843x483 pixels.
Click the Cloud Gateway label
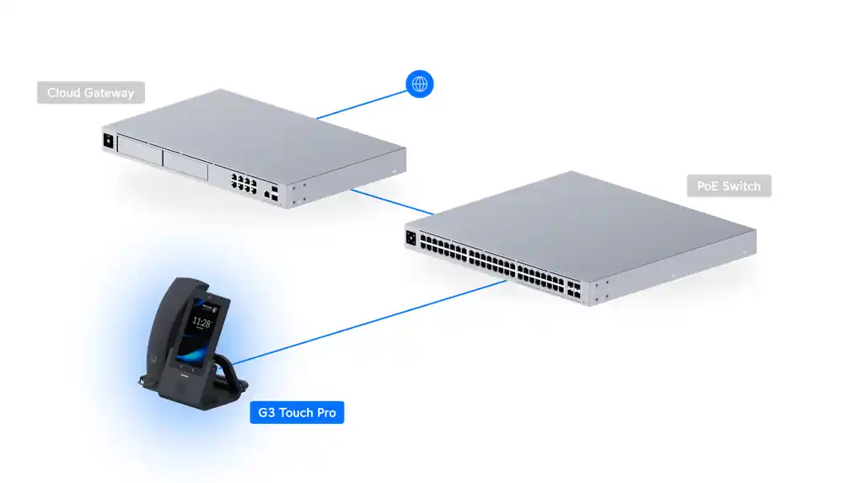(91, 93)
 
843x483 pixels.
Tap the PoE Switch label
(728, 186)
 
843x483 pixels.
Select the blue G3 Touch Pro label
(297, 412)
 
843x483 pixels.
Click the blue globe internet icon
(419, 84)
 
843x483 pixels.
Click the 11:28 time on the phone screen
(201, 323)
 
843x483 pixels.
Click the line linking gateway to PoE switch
(392, 202)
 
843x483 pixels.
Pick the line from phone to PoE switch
(370, 322)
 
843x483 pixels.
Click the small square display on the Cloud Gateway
(108, 141)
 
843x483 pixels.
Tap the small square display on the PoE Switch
(411, 238)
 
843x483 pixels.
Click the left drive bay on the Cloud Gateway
(140, 150)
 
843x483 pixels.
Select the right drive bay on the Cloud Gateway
(185, 164)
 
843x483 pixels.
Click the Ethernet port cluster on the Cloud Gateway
(244, 184)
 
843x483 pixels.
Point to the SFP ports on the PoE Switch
(573, 290)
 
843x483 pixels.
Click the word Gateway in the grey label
(109, 93)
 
